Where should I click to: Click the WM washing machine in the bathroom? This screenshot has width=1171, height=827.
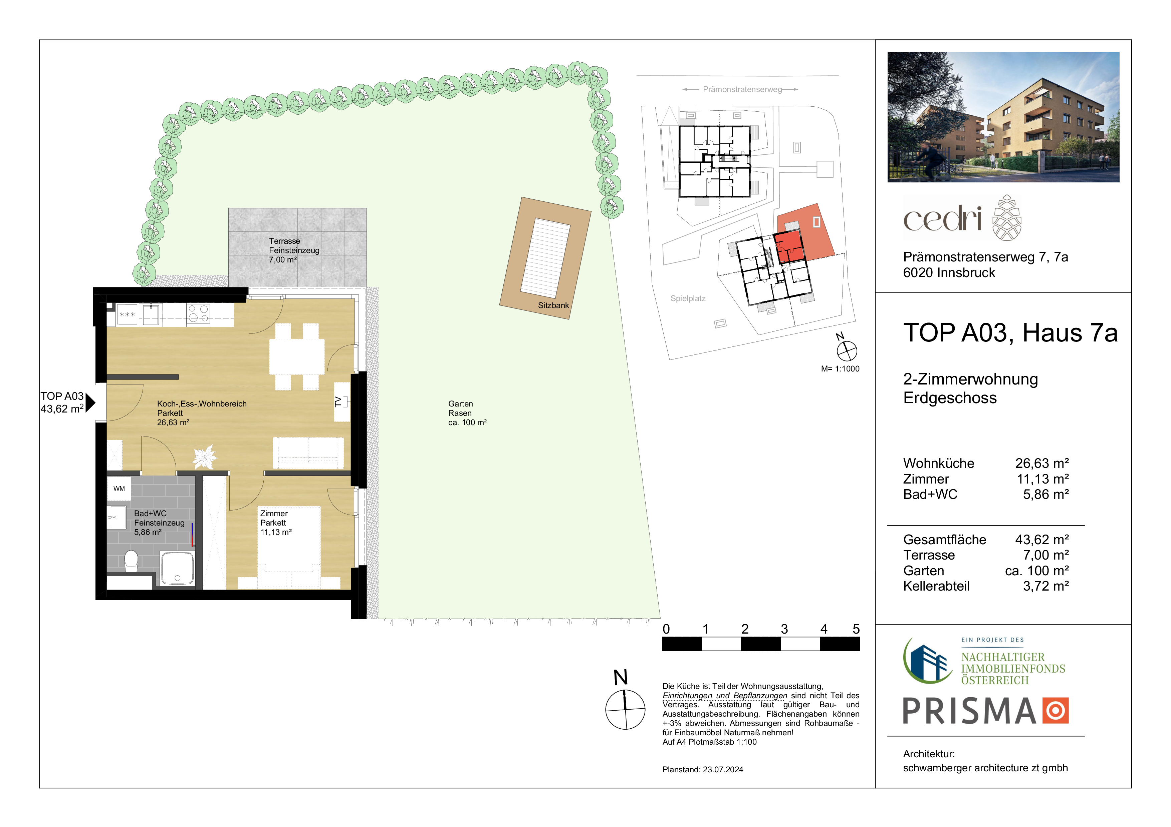click(x=119, y=489)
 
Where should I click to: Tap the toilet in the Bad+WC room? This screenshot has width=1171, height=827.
click(x=131, y=560)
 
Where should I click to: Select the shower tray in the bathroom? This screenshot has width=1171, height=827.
click(x=178, y=568)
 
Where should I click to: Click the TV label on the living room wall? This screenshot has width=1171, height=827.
click(x=337, y=401)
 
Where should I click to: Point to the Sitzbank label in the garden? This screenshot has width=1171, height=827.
click(x=553, y=305)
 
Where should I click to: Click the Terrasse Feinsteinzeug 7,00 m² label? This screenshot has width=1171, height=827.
click(x=294, y=250)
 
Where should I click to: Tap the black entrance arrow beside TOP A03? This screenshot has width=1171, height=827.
click(x=90, y=402)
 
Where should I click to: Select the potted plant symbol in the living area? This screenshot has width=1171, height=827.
click(x=205, y=457)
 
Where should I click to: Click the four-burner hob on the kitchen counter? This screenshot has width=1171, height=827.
click(x=198, y=314)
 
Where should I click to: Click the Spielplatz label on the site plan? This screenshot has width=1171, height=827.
click(x=688, y=298)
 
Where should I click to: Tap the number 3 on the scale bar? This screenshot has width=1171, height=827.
click(x=784, y=629)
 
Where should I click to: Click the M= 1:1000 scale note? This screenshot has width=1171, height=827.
click(x=840, y=369)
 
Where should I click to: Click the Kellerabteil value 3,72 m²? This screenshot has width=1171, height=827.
click(x=1046, y=586)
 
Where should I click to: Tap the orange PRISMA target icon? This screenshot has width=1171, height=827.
click(x=1055, y=710)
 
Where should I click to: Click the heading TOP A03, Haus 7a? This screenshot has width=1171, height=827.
click(x=1010, y=333)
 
